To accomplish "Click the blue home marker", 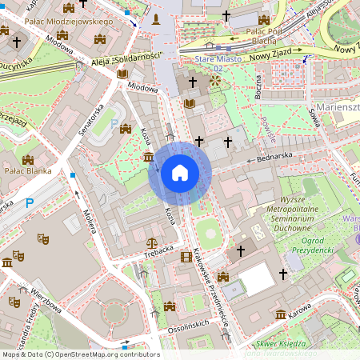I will click(179, 173).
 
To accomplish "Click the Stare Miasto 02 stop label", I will click(207, 63).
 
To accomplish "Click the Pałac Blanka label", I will click(27, 170).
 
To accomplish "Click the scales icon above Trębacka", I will click(153, 238).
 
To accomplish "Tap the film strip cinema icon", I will click(186, 256).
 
